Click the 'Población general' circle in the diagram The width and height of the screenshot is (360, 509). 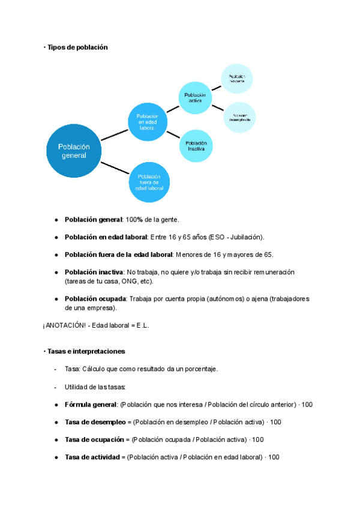coord(74,151)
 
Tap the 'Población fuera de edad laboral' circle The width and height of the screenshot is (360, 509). coord(149,182)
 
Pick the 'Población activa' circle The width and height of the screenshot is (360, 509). coord(195,97)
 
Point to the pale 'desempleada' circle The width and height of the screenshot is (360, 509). coord(239,117)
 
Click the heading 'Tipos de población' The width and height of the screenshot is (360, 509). coord(77,47)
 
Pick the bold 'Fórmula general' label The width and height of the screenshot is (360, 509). coord(91,405)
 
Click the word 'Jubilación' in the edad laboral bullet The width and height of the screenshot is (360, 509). coord(245,237)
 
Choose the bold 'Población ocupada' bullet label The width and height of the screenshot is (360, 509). coord(95,298)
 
